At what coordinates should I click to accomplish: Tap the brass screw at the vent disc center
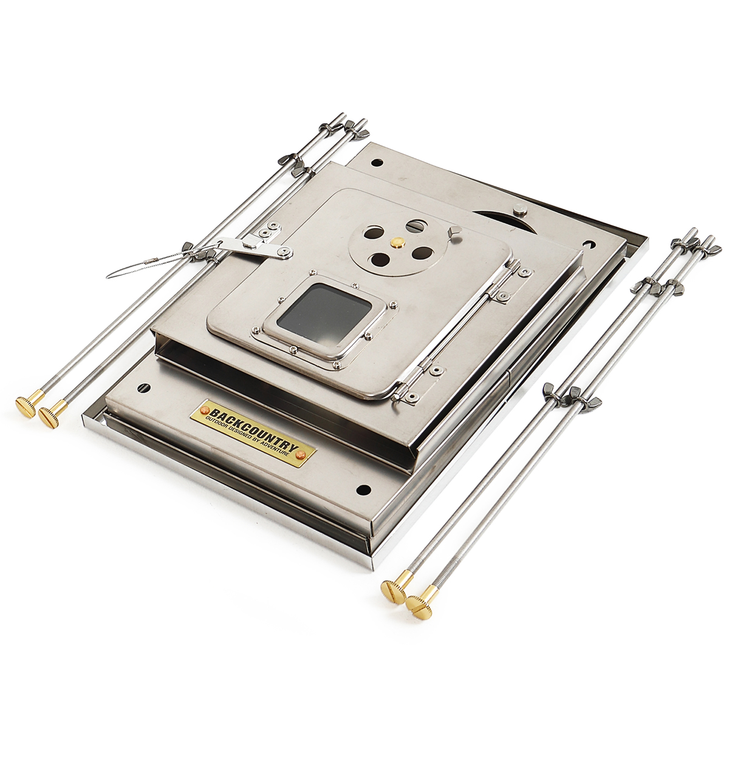coord(397,243)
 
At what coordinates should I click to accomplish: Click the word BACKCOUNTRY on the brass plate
coord(254,428)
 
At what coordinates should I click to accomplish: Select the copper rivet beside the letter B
coord(205,410)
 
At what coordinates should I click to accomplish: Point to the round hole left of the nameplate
coord(145,387)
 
